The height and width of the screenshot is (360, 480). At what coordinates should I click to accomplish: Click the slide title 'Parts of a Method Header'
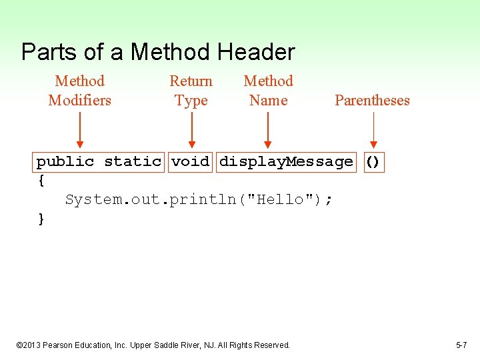(x=158, y=52)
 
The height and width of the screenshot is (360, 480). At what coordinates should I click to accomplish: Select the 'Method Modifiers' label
(x=80, y=91)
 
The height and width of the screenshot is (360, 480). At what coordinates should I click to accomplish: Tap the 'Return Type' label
(x=191, y=91)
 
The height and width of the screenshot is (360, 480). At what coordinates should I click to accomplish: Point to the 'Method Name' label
(x=268, y=91)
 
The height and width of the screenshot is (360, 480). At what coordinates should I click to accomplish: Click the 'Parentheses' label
(x=372, y=101)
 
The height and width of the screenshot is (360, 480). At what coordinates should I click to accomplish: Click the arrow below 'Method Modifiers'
(x=80, y=130)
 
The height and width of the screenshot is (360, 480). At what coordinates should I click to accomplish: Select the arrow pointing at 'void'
(x=191, y=130)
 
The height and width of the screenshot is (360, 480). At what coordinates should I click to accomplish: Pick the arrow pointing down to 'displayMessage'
(x=268, y=130)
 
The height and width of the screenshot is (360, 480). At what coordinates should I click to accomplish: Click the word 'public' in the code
(x=65, y=161)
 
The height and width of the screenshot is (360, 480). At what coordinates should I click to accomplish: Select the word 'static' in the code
(x=133, y=161)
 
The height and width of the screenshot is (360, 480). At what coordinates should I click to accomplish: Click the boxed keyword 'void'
(x=191, y=161)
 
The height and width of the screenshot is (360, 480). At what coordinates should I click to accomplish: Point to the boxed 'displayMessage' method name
(x=286, y=161)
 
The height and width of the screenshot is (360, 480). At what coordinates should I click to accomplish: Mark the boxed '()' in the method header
(x=373, y=161)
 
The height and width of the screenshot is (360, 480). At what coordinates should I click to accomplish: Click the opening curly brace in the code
(x=41, y=180)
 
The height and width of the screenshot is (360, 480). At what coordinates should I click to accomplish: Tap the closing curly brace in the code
(x=41, y=219)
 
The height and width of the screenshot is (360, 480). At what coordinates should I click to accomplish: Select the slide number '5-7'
(x=461, y=345)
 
